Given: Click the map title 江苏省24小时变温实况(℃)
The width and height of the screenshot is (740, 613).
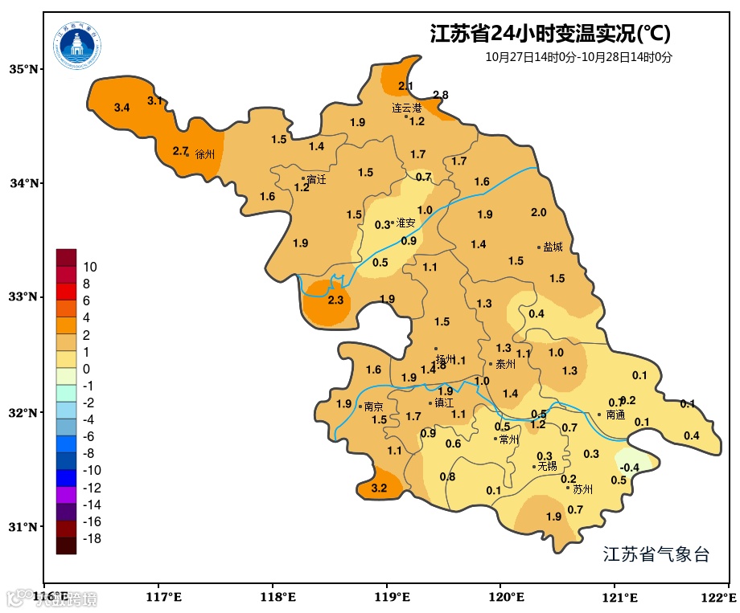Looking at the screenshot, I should (550, 34).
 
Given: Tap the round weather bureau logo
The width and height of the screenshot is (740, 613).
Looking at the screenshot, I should (78, 46).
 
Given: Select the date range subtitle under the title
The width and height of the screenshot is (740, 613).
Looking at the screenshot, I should (578, 57).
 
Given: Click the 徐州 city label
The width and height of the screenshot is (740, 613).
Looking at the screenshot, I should (205, 154).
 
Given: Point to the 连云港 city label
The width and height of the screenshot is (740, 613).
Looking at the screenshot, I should (406, 108).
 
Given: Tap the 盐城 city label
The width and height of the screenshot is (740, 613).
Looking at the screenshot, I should (553, 247).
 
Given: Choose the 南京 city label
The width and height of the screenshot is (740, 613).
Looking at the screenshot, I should (373, 407).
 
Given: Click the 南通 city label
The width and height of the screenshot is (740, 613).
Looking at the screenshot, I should (615, 415).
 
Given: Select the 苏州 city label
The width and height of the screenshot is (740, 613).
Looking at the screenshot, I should (582, 489).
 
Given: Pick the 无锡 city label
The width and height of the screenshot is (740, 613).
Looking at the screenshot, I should (547, 466).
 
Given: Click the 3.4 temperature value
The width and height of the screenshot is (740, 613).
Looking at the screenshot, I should (122, 108).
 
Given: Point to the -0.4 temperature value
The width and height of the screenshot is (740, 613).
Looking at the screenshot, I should (630, 468).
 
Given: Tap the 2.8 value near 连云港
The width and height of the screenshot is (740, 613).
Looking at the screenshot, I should (441, 95).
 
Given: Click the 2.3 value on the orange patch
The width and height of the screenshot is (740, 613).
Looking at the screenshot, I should (335, 300).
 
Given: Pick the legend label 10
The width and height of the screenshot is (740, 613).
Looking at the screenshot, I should (90, 267).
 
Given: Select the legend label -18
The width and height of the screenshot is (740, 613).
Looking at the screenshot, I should (92, 538).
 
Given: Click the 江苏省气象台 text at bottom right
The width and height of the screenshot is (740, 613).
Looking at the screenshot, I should (656, 554).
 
